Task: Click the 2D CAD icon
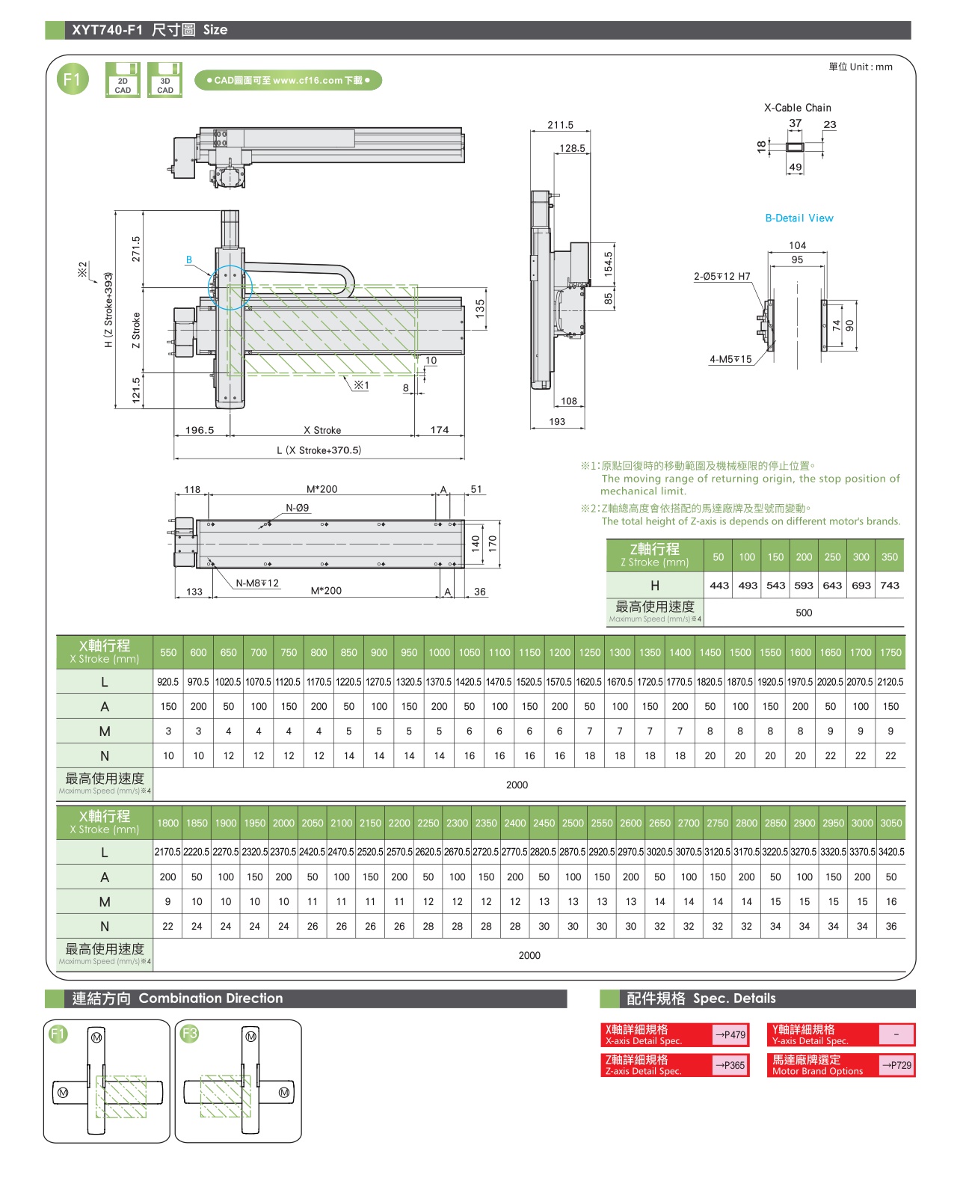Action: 123,80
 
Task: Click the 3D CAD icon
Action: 165,80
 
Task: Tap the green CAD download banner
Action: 289,80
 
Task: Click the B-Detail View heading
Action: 799,218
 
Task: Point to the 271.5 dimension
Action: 136,249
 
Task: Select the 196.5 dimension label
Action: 200,430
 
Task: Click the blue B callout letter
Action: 189,260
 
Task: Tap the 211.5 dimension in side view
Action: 560,125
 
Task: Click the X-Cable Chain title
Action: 797,108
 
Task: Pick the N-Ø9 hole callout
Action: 297,508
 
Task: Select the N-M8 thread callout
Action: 257,583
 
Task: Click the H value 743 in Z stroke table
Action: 890,586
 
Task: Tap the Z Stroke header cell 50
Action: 719,557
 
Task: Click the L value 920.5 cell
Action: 168,682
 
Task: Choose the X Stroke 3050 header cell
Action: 891,823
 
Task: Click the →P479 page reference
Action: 730,1035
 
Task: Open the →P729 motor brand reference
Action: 896,1065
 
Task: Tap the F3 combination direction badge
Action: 190,1034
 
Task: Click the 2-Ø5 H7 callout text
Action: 722,277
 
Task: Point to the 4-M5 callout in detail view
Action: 730,360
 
